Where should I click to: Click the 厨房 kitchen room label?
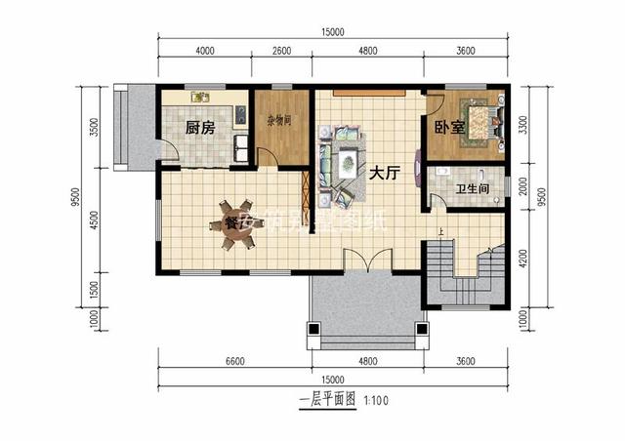[199, 127]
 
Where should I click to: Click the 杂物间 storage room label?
[277, 127]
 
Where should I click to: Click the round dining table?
[232, 226]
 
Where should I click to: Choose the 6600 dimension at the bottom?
[233, 362]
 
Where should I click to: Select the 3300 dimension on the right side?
[525, 124]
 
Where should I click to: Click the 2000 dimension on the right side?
[525, 186]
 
